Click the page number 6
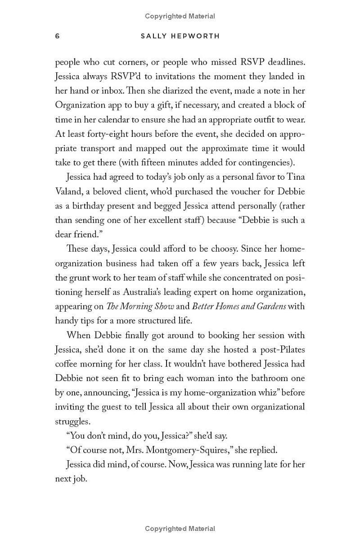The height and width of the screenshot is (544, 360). click(x=57, y=36)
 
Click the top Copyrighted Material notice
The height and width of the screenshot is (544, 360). click(x=180, y=16)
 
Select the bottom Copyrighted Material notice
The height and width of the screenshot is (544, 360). click(x=180, y=529)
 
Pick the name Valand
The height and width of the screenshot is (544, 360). click(x=68, y=191)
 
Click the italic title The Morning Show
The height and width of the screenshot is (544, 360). click(x=140, y=306)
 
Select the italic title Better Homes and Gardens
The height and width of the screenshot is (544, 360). click(x=239, y=306)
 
